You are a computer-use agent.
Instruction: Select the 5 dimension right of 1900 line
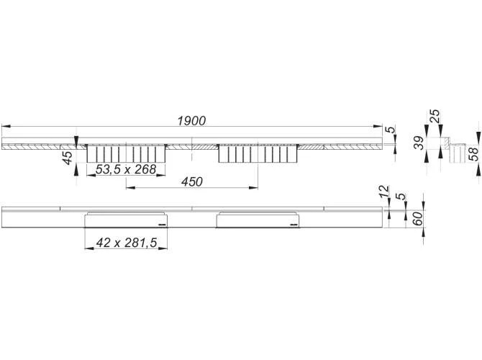(390, 130)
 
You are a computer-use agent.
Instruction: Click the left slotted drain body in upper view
(127, 153)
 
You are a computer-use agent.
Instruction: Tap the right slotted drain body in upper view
(258, 153)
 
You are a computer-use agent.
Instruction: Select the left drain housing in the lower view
(127, 220)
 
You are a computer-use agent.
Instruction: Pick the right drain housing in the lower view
(258, 220)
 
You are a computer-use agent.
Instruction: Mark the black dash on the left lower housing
(163, 225)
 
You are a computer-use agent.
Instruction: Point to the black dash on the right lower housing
(294, 225)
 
